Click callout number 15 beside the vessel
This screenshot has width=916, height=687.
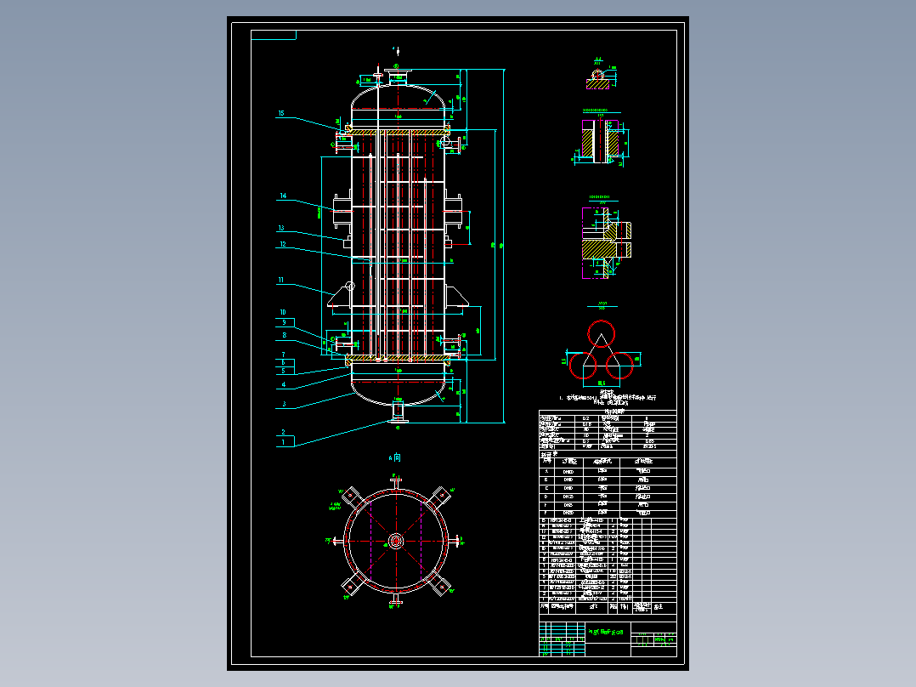(281, 113)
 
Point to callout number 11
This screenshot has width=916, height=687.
(280, 279)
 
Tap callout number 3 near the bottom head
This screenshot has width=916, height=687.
(285, 404)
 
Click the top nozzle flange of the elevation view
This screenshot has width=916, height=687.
(395, 71)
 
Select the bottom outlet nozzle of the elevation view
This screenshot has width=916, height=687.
(397, 412)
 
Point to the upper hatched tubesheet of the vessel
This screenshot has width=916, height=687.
(396, 131)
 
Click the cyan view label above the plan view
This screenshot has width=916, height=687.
(395, 457)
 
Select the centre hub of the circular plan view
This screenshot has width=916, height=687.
(395, 541)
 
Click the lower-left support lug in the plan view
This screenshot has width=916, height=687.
(349, 586)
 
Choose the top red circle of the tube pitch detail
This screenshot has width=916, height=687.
(601, 332)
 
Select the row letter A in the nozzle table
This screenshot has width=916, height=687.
(546, 470)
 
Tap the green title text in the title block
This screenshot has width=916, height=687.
(606, 633)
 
